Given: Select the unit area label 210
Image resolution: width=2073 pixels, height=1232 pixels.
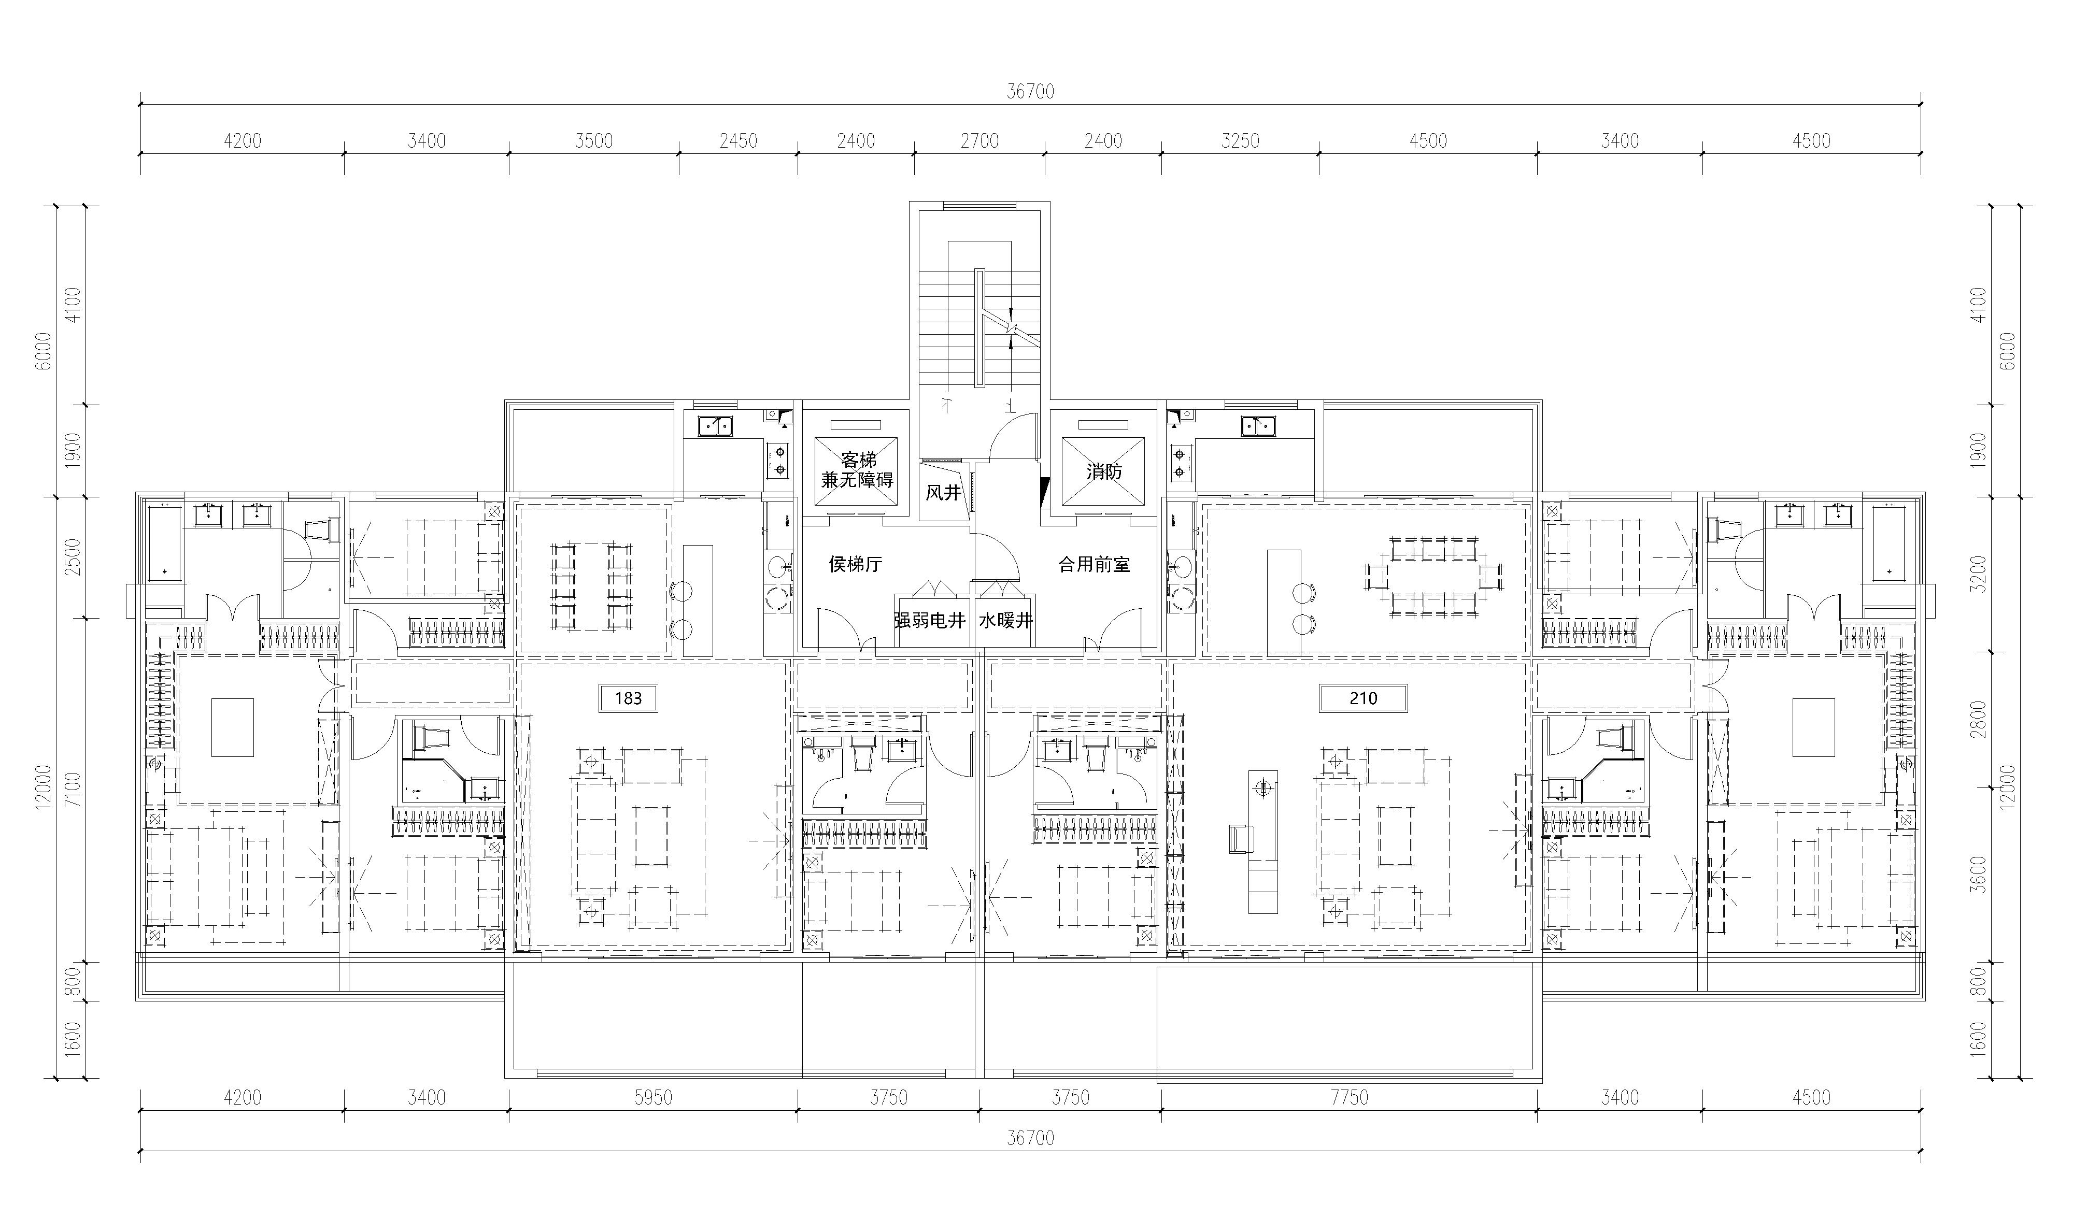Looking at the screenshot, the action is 1363,698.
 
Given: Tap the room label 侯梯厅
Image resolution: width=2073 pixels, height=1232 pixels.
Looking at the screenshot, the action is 855,565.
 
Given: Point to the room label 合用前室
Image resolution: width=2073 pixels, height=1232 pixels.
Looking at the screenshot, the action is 1094,565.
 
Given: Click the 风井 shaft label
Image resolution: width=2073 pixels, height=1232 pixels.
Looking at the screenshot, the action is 943,493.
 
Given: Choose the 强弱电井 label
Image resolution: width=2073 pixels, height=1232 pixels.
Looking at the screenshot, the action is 930,620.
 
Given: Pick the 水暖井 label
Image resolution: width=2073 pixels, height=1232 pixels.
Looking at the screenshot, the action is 1005,620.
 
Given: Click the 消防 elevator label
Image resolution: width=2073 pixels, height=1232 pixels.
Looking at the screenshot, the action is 1104,471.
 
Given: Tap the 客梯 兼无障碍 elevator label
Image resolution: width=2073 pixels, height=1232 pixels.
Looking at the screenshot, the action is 858,470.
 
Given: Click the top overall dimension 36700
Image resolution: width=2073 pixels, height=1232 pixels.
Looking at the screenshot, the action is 1030,91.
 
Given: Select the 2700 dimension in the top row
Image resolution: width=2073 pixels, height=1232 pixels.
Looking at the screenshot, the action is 979,141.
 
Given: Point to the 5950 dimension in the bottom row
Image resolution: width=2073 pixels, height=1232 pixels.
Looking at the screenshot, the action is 654,1097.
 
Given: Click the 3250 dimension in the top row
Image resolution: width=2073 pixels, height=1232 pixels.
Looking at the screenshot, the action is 1240,141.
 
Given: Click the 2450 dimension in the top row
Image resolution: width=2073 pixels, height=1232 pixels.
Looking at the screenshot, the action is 738,141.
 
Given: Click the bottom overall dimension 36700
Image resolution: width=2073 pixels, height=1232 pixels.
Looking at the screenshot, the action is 1030,1137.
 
